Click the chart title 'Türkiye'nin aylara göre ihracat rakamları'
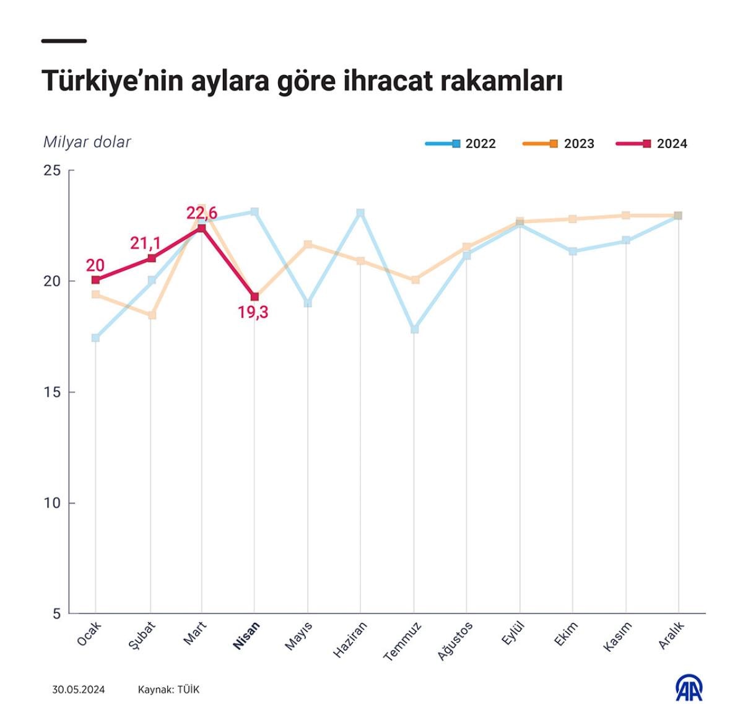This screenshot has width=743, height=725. tap(302, 81)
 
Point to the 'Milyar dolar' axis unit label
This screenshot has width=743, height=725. tap(87, 142)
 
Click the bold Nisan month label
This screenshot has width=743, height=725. tap(246, 635)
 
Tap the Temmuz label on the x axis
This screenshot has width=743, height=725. tap(402, 641)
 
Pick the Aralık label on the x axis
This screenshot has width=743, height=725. tap(671, 635)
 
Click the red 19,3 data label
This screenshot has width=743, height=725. tap(253, 312)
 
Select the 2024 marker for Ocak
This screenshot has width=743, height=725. tap(95, 280)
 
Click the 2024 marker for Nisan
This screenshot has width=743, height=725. tap(254, 297)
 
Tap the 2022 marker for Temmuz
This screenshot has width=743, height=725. tap(414, 329)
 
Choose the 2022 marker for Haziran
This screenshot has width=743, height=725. tap(360, 213)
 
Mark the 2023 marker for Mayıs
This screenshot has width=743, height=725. tap(308, 245)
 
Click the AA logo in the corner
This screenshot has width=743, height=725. tap(689, 688)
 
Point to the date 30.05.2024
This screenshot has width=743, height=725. tap(79, 690)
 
